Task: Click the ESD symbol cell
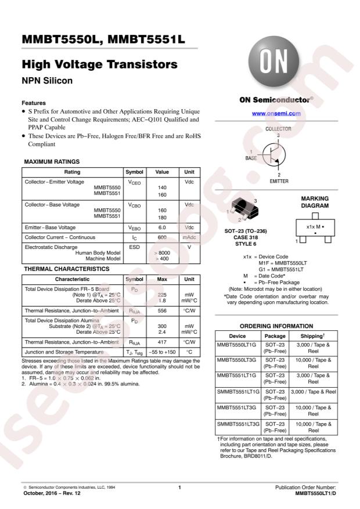tap(134, 248)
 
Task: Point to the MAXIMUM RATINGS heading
tap(52, 161)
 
